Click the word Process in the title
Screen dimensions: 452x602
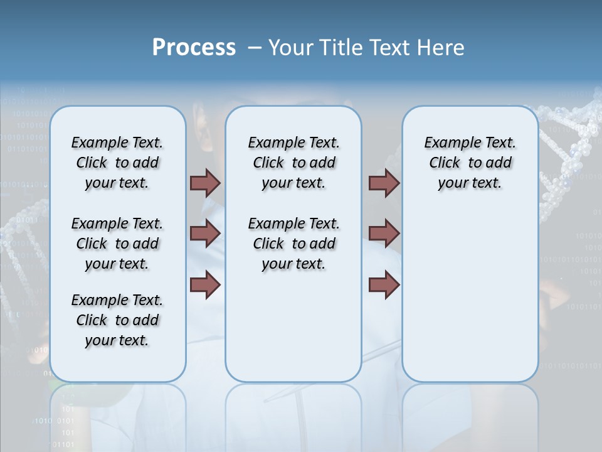click(x=194, y=47)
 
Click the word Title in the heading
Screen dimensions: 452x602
click(x=344, y=47)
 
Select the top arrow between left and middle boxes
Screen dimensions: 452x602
click(x=205, y=183)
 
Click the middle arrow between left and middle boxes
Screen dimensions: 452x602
click(x=205, y=234)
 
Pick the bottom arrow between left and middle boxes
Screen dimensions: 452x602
click(x=205, y=284)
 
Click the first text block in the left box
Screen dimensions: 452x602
click(x=117, y=163)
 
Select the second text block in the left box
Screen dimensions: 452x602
click(x=117, y=244)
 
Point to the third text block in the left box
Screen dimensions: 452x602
click(x=117, y=320)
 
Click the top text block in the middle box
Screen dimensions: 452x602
click(x=293, y=163)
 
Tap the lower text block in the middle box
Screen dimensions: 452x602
click(x=293, y=244)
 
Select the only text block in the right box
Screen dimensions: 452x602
click(x=470, y=163)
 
